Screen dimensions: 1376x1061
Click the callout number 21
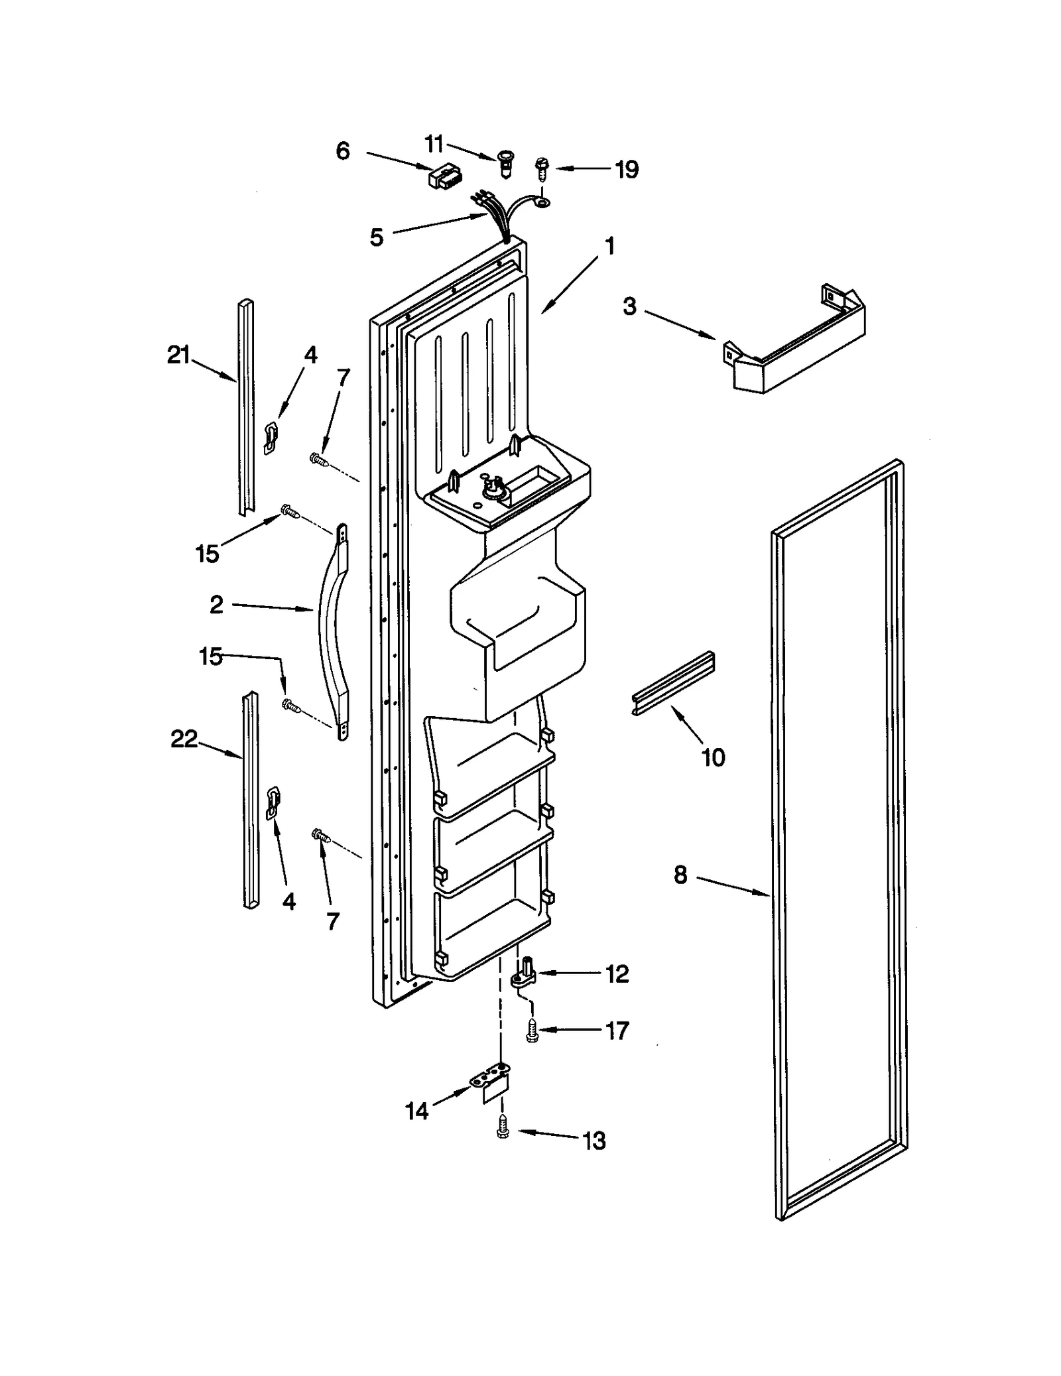(x=178, y=356)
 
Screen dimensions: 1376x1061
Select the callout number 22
(x=184, y=739)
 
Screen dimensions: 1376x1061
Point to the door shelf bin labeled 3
(x=796, y=345)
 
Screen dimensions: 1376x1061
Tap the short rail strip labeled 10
(x=672, y=683)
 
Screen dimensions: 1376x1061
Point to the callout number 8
(x=680, y=875)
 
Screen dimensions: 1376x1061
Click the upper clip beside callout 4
(x=271, y=438)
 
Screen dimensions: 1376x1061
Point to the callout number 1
(x=609, y=247)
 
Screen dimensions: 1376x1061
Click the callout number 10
(x=713, y=757)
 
